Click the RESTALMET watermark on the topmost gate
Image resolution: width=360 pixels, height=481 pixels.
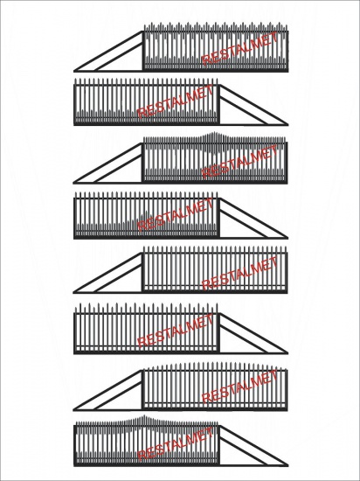pyautogui.click(x=240, y=48)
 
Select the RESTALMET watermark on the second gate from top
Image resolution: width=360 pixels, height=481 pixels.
pyautogui.click(x=175, y=101)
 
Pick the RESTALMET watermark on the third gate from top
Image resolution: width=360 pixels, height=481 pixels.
pyautogui.click(x=240, y=162)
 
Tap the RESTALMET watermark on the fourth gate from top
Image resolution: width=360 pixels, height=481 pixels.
pyautogui.click(x=175, y=214)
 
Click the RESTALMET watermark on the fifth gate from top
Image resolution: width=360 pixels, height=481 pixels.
pyautogui.click(x=240, y=273)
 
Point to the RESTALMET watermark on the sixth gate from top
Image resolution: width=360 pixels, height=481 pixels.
pyautogui.click(x=175, y=331)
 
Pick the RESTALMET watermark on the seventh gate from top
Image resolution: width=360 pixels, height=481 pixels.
pyautogui.click(x=240, y=387)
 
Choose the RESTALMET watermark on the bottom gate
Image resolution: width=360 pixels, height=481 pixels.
pyautogui.click(x=175, y=444)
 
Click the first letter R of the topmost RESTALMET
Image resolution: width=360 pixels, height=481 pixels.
pyautogui.click(x=206, y=59)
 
